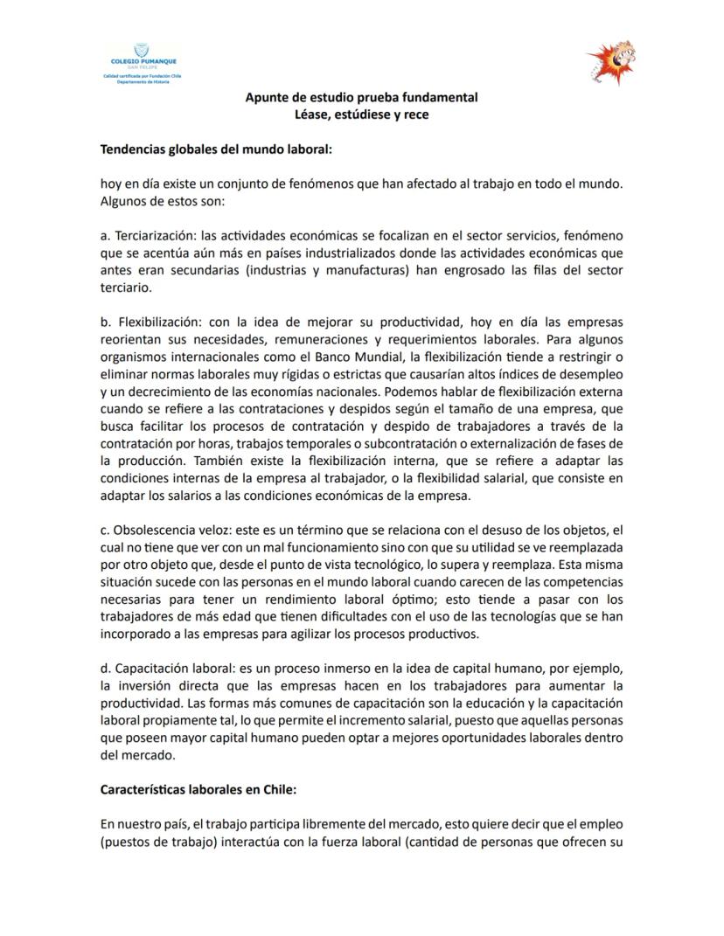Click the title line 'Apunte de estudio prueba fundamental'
coord(361,97)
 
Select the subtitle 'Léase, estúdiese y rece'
coord(361,114)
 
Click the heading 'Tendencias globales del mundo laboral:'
coord(216,149)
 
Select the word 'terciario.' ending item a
coord(126,287)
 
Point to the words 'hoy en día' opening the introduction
coord(129,185)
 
